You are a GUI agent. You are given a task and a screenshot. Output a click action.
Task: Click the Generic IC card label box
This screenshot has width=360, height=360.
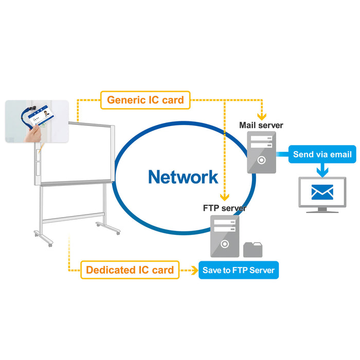[x=145, y=100]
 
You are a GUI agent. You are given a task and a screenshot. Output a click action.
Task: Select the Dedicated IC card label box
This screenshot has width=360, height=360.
[x=130, y=270]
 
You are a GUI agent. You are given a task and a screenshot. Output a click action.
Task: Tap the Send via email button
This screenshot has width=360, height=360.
[x=322, y=154]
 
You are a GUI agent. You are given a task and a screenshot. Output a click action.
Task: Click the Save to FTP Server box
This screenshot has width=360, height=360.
[x=239, y=270]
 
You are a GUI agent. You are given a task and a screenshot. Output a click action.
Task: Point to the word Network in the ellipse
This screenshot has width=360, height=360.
[x=183, y=177]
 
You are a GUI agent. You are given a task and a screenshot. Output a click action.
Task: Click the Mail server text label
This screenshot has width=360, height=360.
[x=261, y=125]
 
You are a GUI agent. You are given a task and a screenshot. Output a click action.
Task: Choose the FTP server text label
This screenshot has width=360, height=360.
[x=225, y=208]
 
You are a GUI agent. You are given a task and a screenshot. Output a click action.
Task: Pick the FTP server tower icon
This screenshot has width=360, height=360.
[x=225, y=236]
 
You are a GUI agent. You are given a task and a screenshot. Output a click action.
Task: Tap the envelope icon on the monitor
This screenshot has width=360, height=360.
[x=322, y=192]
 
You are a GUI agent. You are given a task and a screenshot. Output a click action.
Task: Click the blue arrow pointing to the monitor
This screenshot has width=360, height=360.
[x=322, y=169]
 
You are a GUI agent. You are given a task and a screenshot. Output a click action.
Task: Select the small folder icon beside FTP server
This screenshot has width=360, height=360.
[x=253, y=249]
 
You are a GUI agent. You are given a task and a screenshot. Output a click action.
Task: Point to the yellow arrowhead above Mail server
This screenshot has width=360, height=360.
[x=263, y=115]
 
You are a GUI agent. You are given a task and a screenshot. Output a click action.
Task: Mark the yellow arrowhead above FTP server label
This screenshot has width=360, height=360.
[x=225, y=197]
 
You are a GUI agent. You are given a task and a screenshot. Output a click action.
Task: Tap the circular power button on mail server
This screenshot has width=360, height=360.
[x=261, y=159]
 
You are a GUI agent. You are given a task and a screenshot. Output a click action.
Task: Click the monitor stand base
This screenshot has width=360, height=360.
[x=322, y=210]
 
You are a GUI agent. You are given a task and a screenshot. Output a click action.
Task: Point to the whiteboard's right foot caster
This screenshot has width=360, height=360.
[x=117, y=233]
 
